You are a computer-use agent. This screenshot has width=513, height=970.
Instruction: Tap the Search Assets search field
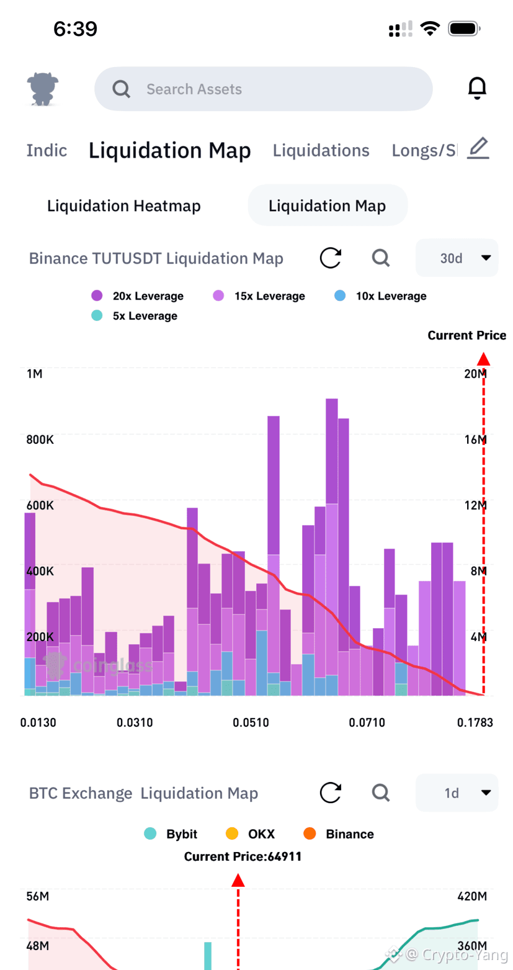(x=263, y=89)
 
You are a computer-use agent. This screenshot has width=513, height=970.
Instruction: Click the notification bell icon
(x=477, y=88)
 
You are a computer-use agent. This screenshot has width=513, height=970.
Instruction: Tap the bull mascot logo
(x=42, y=89)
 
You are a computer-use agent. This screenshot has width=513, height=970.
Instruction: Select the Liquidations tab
(x=321, y=150)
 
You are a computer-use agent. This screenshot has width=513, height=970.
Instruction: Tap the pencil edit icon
(x=478, y=148)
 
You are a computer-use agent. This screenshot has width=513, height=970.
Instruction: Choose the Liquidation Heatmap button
(x=124, y=205)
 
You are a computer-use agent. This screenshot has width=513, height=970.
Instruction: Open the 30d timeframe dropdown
(x=457, y=258)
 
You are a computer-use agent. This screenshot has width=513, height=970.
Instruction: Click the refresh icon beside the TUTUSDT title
(x=331, y=258)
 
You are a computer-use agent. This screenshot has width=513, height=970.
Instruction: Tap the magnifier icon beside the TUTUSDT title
(x=381, y=258)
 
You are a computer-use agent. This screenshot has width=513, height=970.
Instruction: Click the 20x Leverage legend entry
(x=138, y=296)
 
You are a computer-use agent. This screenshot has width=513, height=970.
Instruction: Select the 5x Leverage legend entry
(x=134, y=316)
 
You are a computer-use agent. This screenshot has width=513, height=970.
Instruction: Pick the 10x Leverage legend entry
(x=380, y=296)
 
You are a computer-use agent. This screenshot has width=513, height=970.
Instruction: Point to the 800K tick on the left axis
(x=40, y=439)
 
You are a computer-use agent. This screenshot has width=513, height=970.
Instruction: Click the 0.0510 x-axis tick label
(x=251, y=722)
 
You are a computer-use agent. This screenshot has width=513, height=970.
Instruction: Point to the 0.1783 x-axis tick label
(x=475, y=722)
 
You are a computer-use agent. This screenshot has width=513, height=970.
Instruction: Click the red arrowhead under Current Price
(x=484, y=359)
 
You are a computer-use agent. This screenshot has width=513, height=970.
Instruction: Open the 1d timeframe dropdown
(x=457, y=793)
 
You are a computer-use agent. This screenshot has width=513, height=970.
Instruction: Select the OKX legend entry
(x=250, y=833)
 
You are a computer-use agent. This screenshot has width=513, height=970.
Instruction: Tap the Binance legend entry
(x=339, y=833)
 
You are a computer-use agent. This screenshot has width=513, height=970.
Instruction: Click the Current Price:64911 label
(x=243, y=856)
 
